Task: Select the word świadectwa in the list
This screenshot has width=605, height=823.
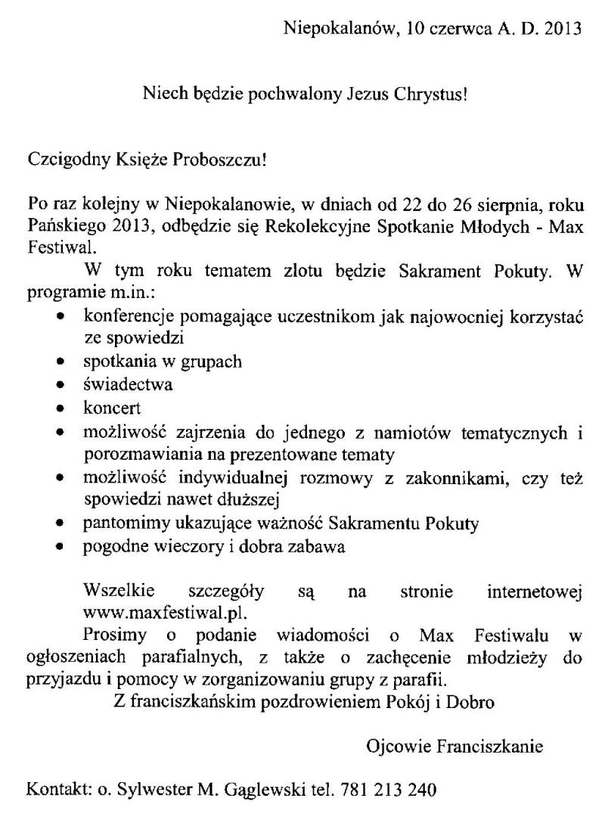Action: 128,384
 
